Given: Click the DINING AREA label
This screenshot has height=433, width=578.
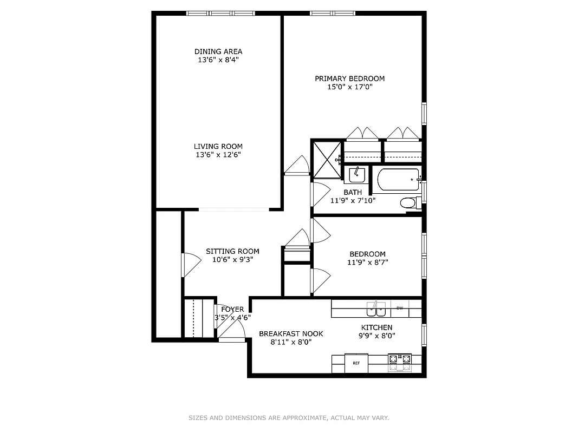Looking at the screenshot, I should click(x=218, y=51).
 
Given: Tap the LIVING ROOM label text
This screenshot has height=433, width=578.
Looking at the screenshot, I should click(x=218, y=146).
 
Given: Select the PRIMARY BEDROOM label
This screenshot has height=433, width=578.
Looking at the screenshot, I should click(x=350, y=78).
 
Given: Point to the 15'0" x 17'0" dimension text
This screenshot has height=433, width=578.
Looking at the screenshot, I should click(x=350, y=87).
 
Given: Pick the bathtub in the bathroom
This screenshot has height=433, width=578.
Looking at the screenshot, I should click(x=398, y=179).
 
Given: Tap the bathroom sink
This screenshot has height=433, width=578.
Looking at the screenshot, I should click(x=356, y=175).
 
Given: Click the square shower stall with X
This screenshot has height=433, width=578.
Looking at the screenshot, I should click(x=328, y=159).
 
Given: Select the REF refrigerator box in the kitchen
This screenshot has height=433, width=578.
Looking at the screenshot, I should click(x=356, y=363).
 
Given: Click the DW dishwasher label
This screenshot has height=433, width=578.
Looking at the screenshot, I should click(x=400, y=308).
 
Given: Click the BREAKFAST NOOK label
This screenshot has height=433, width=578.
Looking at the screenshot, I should click(x=291, y=333).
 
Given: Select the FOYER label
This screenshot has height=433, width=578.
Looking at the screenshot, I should click(x=232, y=309).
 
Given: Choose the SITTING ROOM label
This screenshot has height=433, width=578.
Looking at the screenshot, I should click(x=232, y=251).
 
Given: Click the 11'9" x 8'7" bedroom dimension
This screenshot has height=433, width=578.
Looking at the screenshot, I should click(x=368, y=263).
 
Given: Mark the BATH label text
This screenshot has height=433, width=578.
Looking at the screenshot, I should click(x=353, y=192).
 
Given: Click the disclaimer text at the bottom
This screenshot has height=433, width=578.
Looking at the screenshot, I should click(x=289, y=418).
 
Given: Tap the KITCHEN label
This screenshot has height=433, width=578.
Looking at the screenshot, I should click(x=377, y=327).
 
